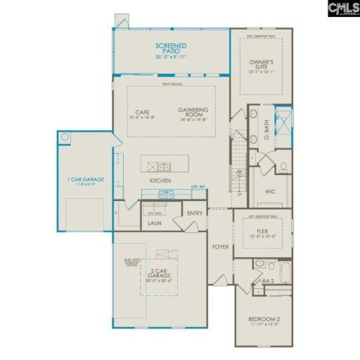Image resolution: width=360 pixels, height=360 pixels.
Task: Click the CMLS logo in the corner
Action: point(342,8)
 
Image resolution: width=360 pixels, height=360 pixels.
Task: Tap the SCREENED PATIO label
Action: point(172,51)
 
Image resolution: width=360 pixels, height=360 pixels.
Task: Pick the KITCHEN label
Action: point(161,181)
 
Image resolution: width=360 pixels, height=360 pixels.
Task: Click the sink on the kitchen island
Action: point(162,167)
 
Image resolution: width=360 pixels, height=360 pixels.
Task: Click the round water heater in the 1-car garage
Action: point(65,137)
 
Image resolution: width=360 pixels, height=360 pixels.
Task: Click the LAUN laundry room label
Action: point(155,224)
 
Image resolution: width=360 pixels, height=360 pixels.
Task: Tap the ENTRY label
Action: point(194,213)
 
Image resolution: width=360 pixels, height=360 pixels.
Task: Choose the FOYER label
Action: point(221,247)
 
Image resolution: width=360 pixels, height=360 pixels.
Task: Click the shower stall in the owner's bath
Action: point(283,118)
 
